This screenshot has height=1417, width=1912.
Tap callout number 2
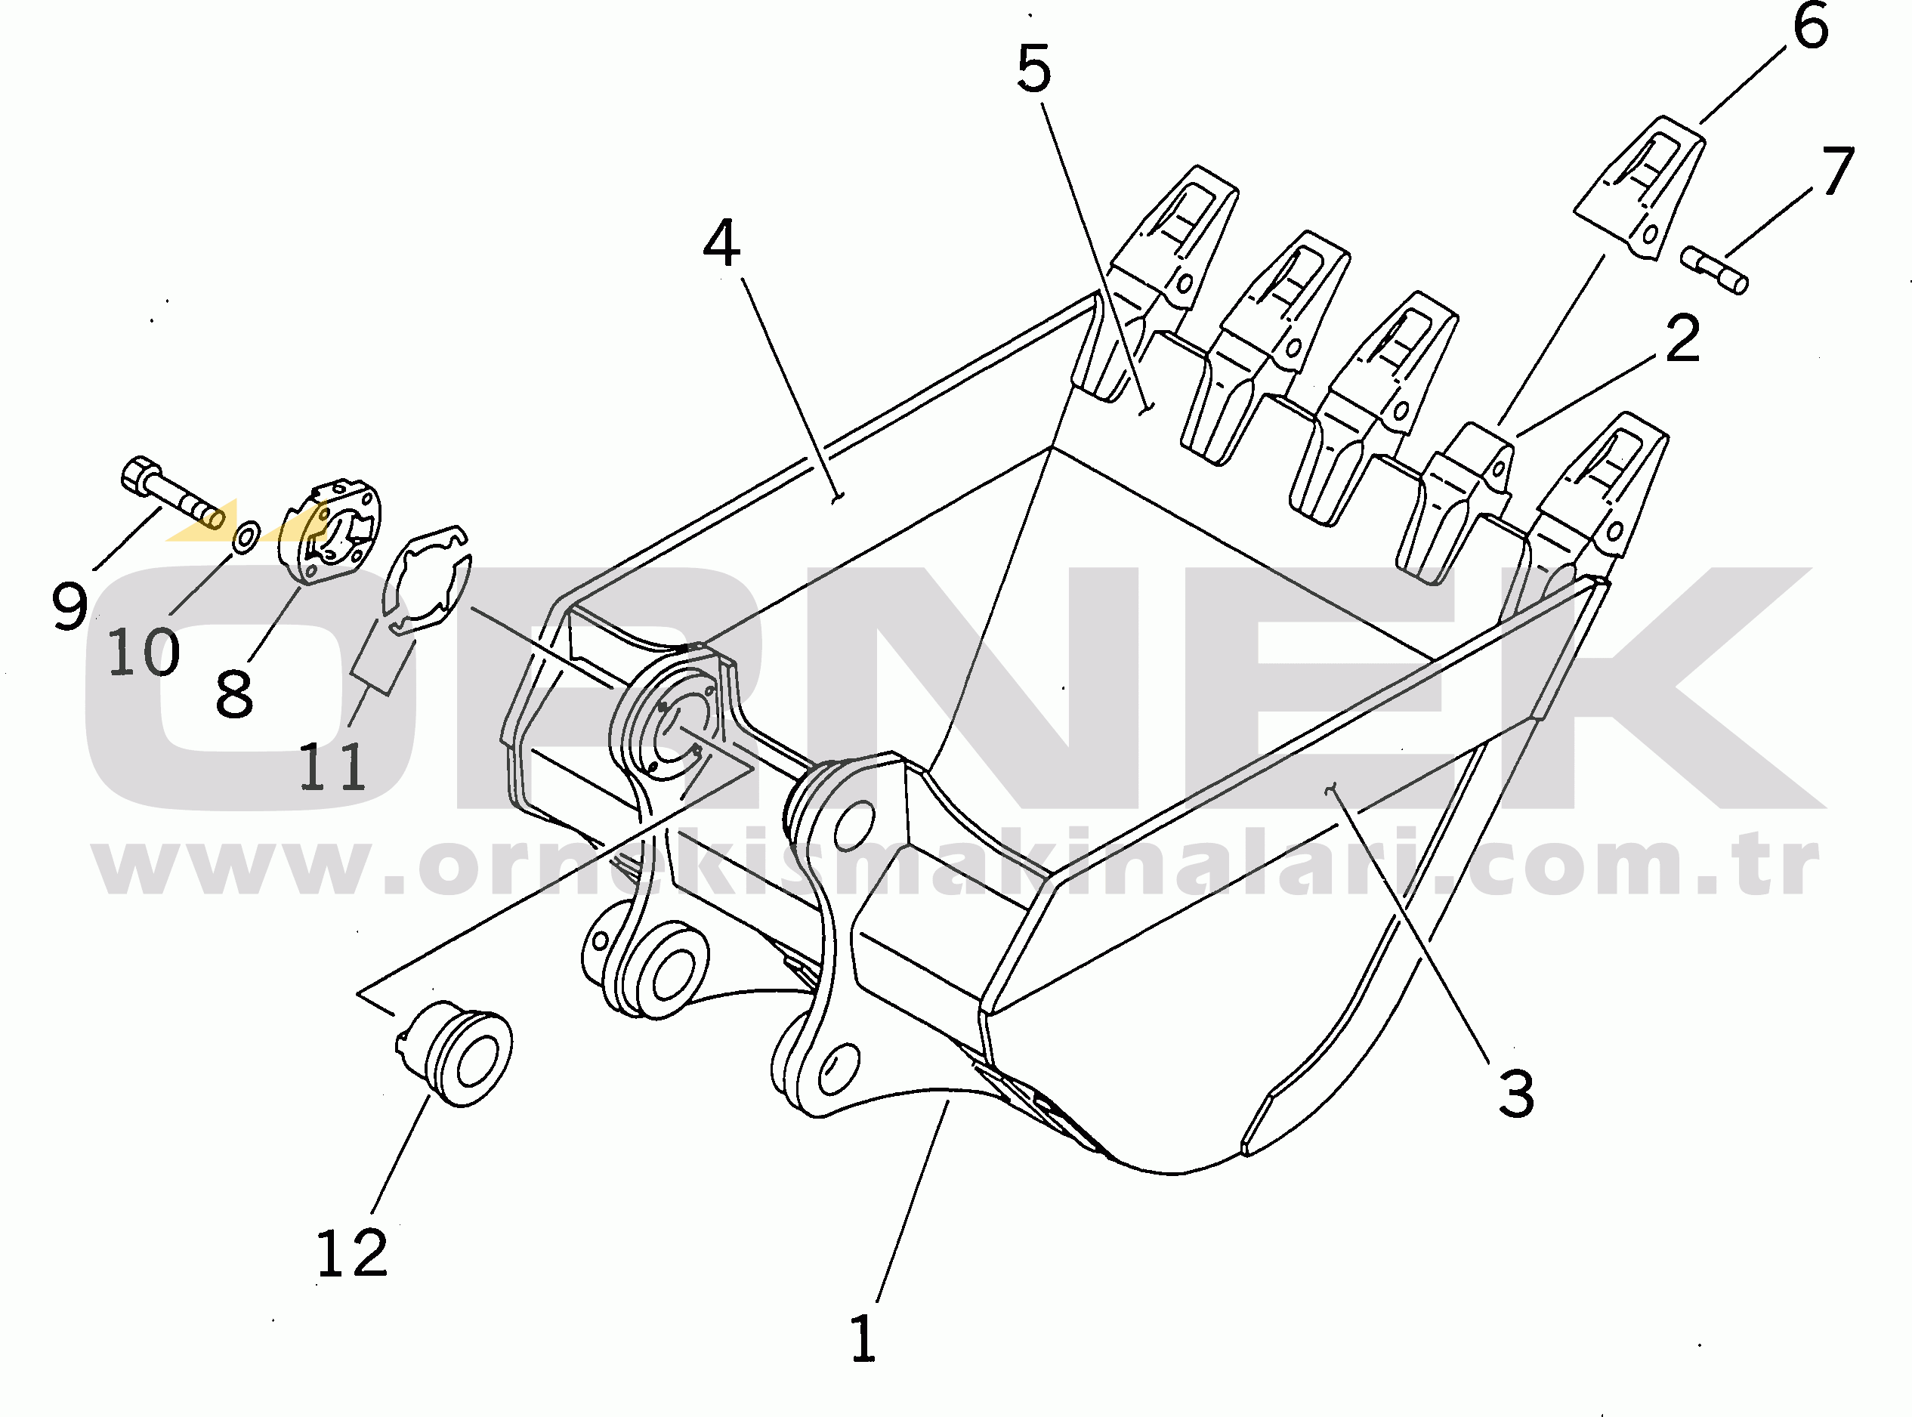(1682, 339)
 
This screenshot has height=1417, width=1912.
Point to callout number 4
(721, 244)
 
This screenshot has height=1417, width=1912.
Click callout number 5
(1033, 69)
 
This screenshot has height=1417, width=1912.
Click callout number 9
(69, 605)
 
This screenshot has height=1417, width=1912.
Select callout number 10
(144, 652)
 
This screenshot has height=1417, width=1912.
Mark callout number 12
(352, 1253)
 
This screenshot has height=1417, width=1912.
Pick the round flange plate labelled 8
(329, 533)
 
